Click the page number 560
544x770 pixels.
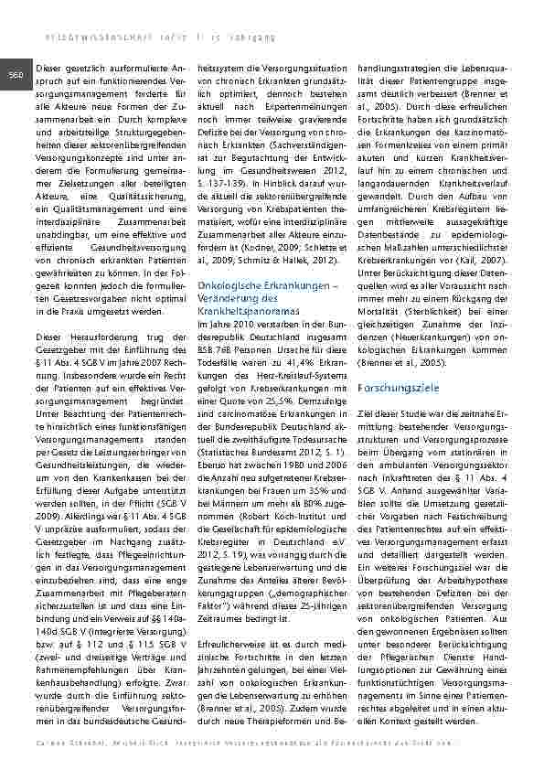[x=16, y=73]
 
